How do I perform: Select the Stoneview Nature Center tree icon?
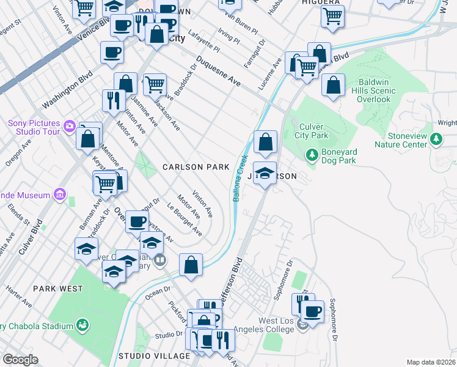pos(436,140)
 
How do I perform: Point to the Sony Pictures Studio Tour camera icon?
pos(70,126)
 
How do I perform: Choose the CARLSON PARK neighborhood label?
pos(196,166)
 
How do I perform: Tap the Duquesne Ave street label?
pos(218,73)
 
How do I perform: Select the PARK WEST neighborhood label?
pos(58,288)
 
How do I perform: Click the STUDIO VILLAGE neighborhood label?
pos(147,355)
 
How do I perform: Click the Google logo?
pos(20,359)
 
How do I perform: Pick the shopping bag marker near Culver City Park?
pos(265,143)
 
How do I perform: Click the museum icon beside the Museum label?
pos(59,195)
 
